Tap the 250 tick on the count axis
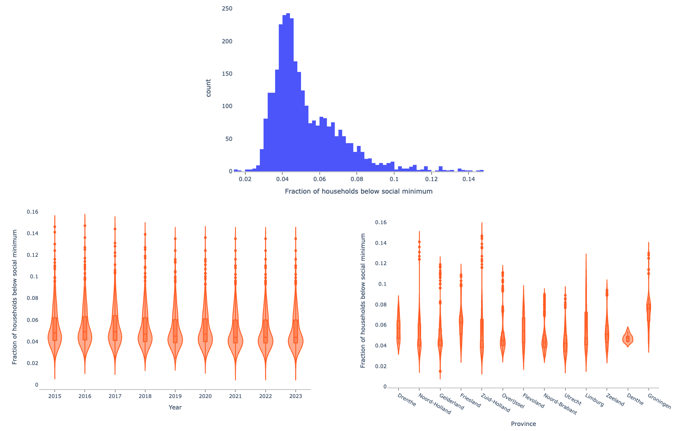tap(227, 8)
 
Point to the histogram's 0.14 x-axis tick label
tap(468, 179)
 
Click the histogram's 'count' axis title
tap(208, 88)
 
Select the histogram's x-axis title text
tap(359, 191)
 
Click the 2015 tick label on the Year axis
tap(55, 396)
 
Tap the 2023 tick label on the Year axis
tap(296, 396)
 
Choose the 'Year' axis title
tap(175, 407)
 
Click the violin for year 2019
tap(175, 338)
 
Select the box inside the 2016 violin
tap(85, 328)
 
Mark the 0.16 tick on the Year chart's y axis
tap(33, 212)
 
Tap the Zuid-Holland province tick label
tap(495, 403)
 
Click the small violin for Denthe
tap(628, 338)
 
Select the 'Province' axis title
tap(523, 424)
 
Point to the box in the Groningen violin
tap(649, 312)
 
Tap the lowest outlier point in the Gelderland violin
tap(440, 371)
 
